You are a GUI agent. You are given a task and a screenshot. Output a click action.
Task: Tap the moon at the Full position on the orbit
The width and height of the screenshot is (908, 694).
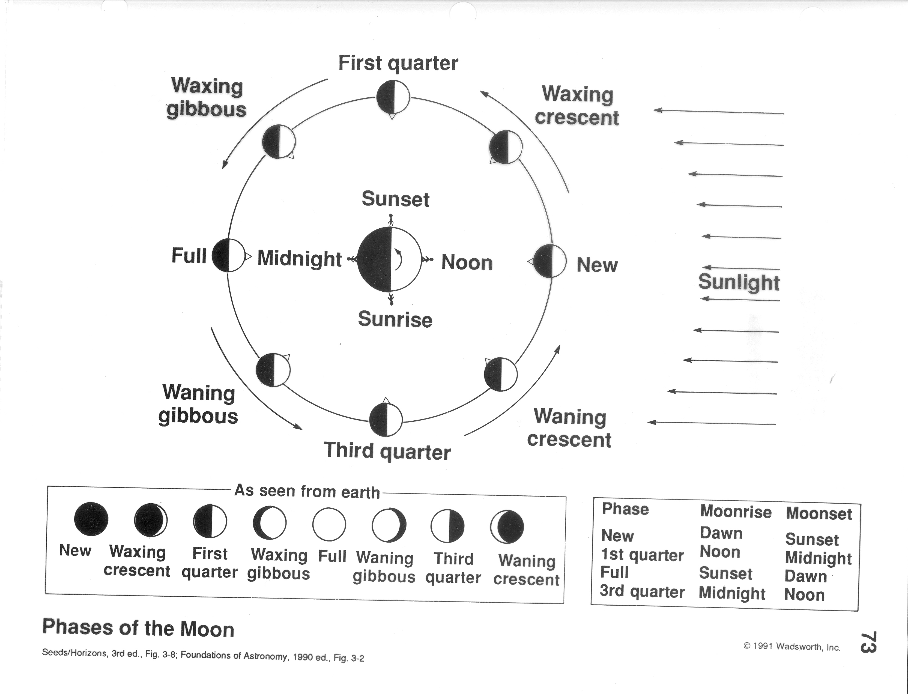point(228,255)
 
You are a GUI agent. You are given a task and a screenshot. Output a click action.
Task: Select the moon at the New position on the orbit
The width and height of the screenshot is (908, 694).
point(549,261)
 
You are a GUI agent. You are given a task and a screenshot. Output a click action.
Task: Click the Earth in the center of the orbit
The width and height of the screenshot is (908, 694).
point(390,259)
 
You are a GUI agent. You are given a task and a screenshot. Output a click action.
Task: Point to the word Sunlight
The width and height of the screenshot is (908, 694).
point(739,282)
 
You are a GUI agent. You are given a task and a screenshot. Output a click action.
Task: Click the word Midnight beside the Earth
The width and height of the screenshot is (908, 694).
point(300,259)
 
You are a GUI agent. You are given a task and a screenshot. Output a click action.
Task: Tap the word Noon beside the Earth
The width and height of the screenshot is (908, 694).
point(467,263)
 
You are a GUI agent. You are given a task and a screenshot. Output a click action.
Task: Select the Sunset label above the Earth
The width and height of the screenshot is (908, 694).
point(395,199)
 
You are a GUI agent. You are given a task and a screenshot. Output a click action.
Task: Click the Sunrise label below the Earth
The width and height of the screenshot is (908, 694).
point(395,319)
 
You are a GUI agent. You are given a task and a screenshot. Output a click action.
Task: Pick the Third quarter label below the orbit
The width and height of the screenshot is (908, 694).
point(387,451)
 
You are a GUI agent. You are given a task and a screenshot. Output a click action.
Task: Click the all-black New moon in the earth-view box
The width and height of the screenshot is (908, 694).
point(91,519)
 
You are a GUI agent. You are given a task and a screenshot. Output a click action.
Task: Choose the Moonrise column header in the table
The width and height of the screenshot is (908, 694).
point(736,512)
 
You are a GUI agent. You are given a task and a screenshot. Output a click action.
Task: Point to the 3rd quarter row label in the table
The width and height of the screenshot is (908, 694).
point(642,591)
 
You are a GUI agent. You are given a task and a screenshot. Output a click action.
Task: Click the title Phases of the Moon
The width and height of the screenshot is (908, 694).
point(138,628)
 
